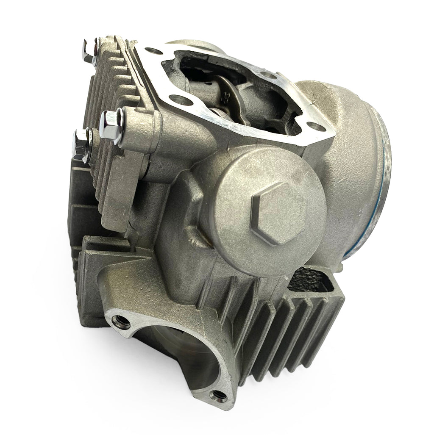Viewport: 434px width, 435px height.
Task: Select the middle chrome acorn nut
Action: tap(112, 123)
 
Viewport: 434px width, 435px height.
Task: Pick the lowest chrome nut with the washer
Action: tap(81, 144)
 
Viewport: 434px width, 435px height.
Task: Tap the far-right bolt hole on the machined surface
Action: tap(313, 126)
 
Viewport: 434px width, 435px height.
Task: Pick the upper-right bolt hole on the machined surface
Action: tap(266, 75)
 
